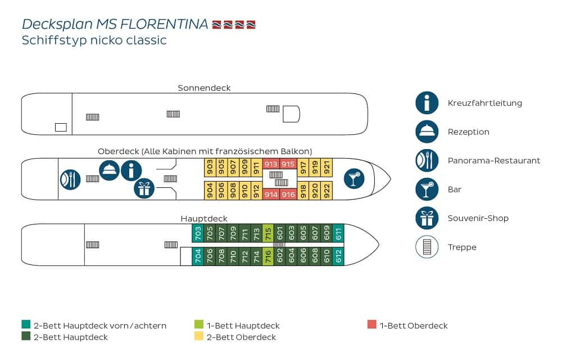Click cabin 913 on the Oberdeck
pos(271,164)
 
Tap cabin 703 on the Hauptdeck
pos(197,233)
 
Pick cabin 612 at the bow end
pos(338,256)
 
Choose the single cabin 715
pos(268,233)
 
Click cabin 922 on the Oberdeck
pos(327,190)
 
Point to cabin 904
pos(209,190)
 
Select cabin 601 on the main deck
pos(279,233)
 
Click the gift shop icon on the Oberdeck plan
pos(144,188)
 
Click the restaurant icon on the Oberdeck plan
pos(71,179)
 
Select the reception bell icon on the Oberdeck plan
pos(108,170)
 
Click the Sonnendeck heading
pos(204,88)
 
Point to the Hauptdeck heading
pos(204,218)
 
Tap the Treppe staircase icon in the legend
pos(427,247)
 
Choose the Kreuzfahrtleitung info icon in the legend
pos(427,103)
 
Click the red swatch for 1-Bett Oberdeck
pos(371,325)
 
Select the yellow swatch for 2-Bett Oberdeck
pos(198,337)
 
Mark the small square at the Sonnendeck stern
pos(61,127)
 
